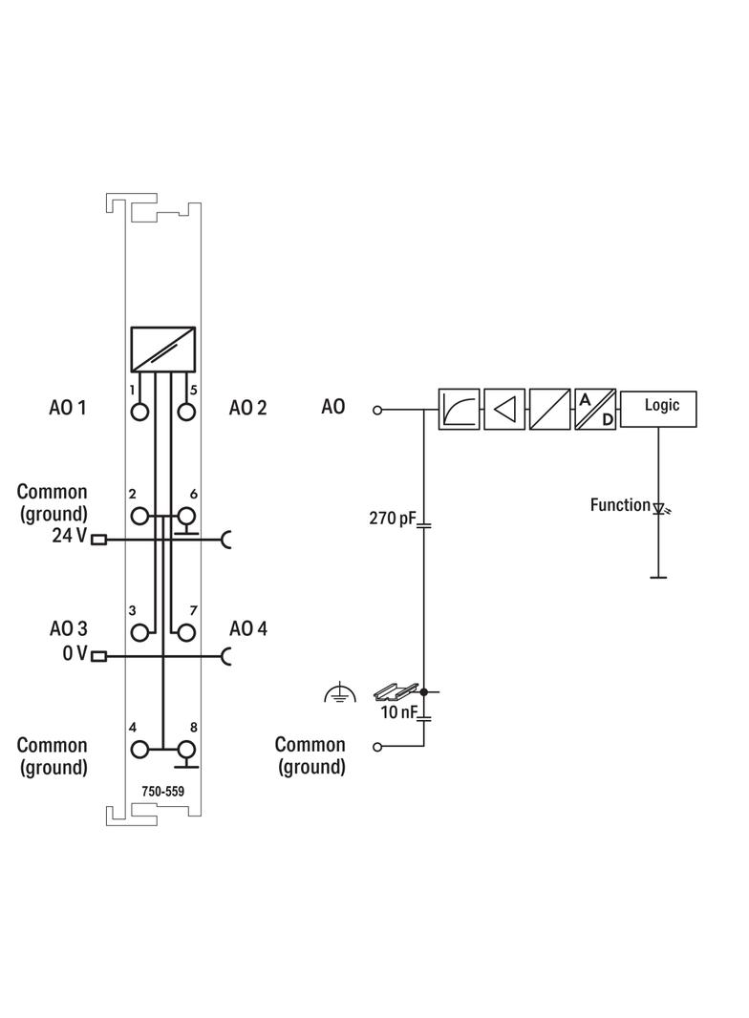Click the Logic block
click(658, 408)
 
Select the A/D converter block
click(595, 409)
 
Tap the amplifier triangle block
click(504, 409)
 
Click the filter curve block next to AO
click(459, 409)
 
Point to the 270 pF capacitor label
click(393, 520)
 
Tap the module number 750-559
click(163, 791)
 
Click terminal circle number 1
click(141, 413)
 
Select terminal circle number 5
click(185, 413)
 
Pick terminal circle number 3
click(141, 631)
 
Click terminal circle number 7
click(185, 631)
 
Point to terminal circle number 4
click(141, 751)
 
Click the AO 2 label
click(248, 408)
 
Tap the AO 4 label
click(248, 628)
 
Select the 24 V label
click(69, 537)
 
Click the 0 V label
click(75, 654)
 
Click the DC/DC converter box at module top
click(163, 349)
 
